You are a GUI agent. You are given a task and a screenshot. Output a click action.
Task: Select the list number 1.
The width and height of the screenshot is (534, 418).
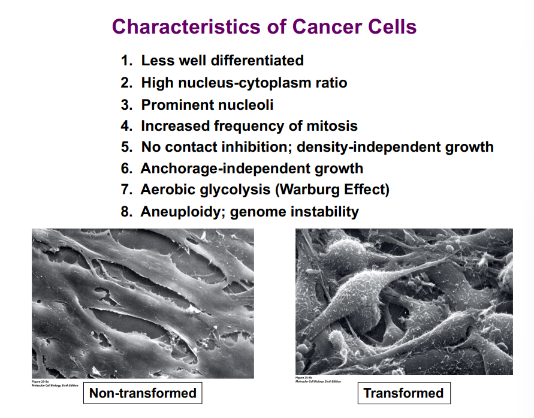click(x=125, y=61)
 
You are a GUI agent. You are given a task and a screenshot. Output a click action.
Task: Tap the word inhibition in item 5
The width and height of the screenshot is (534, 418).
click(x=258, y=147)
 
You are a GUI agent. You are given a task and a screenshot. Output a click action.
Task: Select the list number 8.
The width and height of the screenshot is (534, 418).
click(x=125, y=212)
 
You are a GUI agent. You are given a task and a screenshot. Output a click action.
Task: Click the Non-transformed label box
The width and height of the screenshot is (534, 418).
click(x=143, y=393)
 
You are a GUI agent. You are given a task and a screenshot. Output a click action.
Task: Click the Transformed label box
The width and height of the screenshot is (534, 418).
click(x=403, y=393)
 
